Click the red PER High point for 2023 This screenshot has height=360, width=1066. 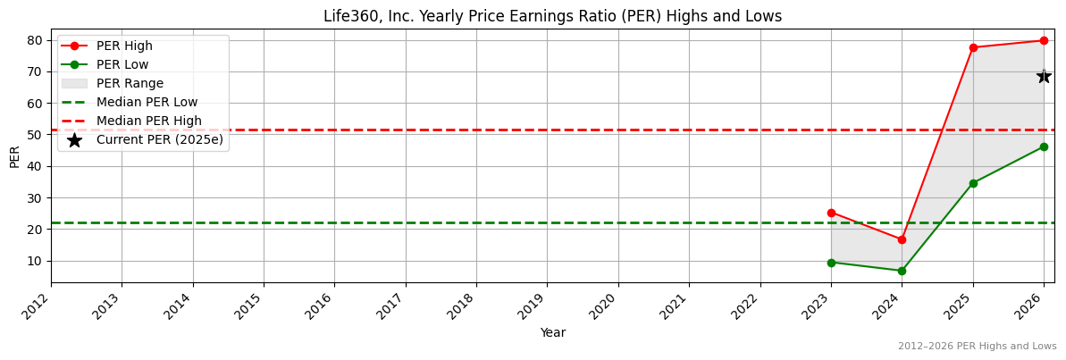coord(831,213)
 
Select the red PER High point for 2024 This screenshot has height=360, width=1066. coord(902,239)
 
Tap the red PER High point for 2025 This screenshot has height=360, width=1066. coord(973,47)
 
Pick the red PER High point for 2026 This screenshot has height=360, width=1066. coord(1044,40)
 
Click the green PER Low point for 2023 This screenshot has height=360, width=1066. coord(831,263)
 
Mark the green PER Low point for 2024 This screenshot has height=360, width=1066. coord(902,271)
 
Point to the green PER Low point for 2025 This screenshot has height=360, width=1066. coord(973,183)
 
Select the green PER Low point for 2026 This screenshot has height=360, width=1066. coord(1044,147)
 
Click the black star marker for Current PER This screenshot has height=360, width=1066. coord(1044,76)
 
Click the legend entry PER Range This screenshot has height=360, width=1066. coord(130,83)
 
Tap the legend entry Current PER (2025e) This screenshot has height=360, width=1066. coord(159,139)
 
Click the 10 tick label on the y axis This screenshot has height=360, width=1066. coord(37,261)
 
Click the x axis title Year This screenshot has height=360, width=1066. coord(552,332)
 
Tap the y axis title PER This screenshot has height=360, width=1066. coord(14,156)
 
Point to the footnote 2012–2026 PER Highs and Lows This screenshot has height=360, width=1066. coord(977,346)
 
